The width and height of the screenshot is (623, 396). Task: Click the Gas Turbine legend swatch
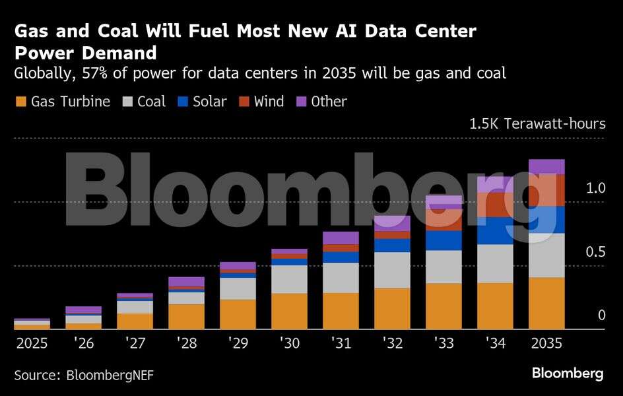click(x=20, y=102)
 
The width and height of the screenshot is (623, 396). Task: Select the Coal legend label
click(x=151, y=102)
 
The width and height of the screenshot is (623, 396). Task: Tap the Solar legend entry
click(x=209, y=102)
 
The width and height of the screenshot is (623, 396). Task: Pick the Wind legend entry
click(x=269, y=102)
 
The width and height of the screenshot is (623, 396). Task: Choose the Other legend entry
click(x=329, y=102)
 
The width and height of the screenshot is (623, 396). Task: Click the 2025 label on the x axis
click(x=32, y=344)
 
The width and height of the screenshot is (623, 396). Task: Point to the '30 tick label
click(x=290, y=344)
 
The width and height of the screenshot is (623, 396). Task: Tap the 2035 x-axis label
click(x=547, y=344)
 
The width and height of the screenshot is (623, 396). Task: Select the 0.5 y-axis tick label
click(x=596, y=252)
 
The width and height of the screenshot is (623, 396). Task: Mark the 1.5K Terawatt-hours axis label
click(x=537, y=123)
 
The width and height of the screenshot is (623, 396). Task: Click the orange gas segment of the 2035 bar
click(x=547, y=303)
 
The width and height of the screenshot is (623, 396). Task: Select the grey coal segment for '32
click(x=393, y=270)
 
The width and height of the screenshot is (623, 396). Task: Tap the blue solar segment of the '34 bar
click(x=496, y=230)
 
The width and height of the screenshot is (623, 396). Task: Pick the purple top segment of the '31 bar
click(x=341, y=238)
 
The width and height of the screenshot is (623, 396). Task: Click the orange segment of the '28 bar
click(x=187, y=317)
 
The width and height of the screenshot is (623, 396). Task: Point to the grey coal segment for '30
click(x=290, y=279)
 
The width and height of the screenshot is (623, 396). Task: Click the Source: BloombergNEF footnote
click(x=84, y=374)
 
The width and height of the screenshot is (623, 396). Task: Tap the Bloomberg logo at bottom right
click(x=568, y=374)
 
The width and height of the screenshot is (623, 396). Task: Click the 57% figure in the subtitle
click(x=90, y=73)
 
